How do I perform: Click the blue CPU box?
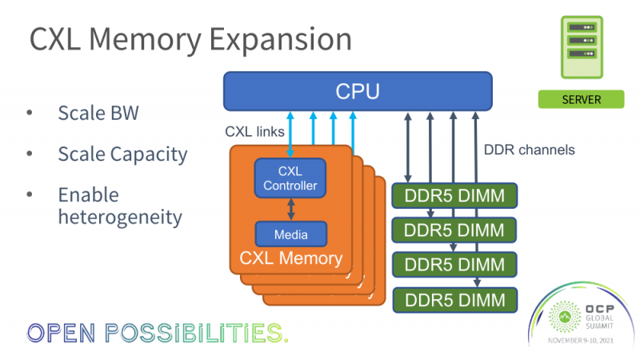(x=357, y=91)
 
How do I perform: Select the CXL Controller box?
(x=290, y=178)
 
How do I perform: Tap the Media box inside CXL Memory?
(x=290, y=234)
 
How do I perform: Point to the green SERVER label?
(x=581, y=100)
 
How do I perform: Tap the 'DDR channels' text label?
(x=530, y=150)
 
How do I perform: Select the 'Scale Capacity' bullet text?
(x=122, y=154)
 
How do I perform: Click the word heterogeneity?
(x=119, y=217)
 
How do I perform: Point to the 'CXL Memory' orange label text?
(x=290, y=259)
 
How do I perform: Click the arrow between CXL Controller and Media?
(x=290, y=208)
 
